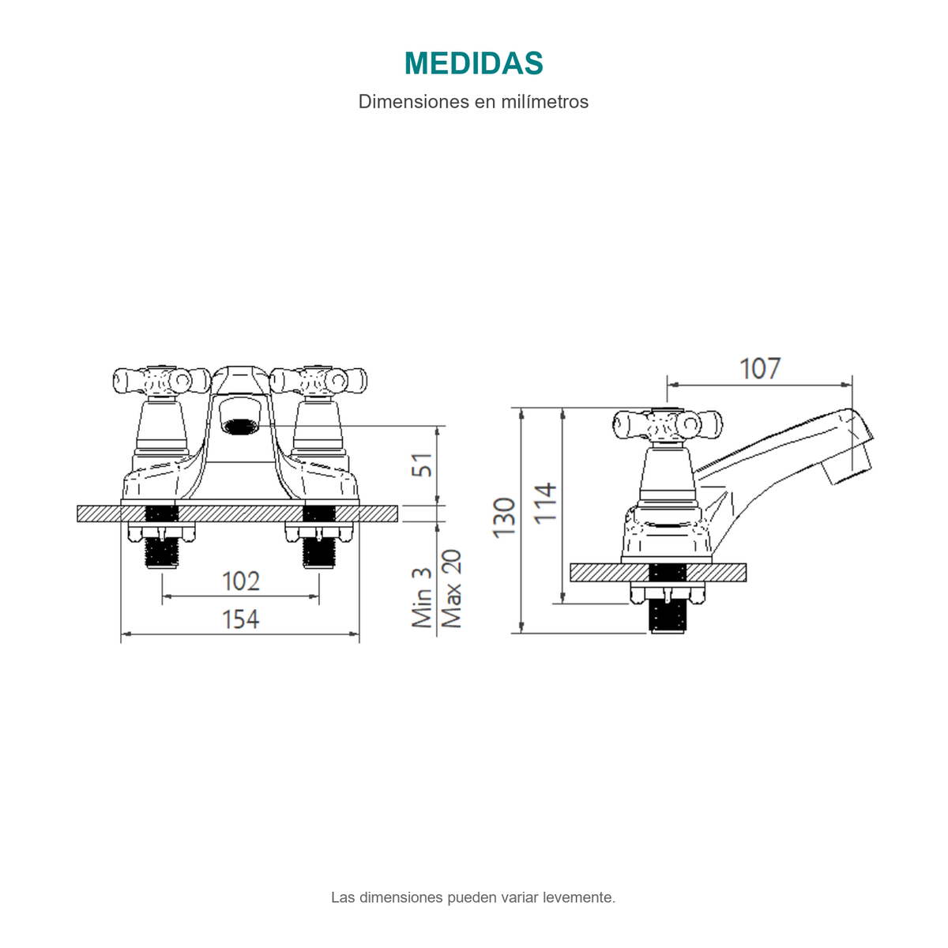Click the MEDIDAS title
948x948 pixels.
(473, 63)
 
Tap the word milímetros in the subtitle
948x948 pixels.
(544, 101)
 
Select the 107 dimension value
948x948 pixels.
(760, 369)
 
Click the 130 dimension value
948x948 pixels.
(504, 518)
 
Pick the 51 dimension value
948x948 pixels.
(422, 465)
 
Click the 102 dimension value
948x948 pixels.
(241, 581)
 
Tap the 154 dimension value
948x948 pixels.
(241, 619)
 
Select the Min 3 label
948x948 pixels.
(422, 597)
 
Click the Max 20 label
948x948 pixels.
(451, 589)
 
